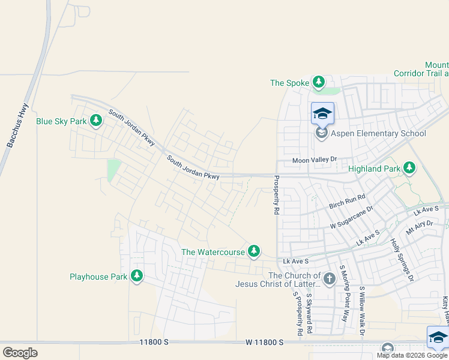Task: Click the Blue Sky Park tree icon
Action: [95, 121]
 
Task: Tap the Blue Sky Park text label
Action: [61, 121]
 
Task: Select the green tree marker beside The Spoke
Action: [318, 82]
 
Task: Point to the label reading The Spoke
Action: [289, 83]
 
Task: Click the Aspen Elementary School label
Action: [378, 133]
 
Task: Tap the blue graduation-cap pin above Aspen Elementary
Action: [322, 113]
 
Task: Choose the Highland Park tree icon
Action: [410, 168]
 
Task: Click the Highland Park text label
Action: [374, 169]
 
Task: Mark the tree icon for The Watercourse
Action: [255, 251]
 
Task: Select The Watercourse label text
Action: [213, 252]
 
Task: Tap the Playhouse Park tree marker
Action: [137, 276]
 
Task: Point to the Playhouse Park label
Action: [98, 277]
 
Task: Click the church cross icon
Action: [329, 278]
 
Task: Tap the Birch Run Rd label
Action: [348, 202]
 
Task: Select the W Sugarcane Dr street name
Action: [352, 217]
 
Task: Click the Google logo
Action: [20, 353]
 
